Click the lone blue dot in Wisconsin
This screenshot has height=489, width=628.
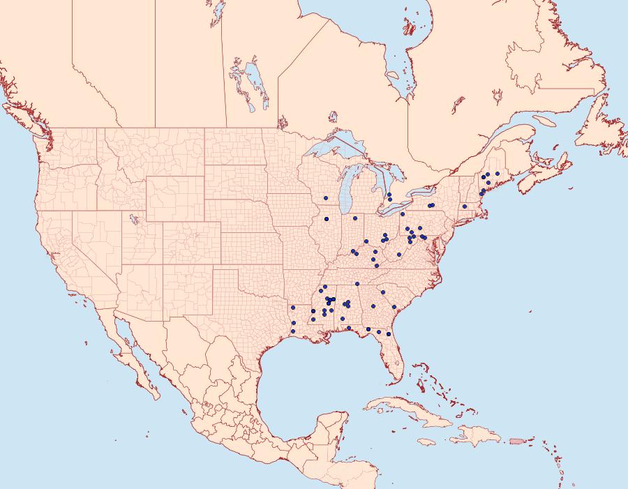326,199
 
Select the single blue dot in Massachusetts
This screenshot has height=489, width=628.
465,206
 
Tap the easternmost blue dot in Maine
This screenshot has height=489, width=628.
498,174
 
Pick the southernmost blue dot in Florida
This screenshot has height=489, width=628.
389,334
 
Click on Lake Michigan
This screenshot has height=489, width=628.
346,199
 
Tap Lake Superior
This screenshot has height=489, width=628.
335,150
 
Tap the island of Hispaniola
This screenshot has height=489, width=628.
481,436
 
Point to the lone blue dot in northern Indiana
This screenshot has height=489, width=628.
355,219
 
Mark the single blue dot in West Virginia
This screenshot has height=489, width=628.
398,255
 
